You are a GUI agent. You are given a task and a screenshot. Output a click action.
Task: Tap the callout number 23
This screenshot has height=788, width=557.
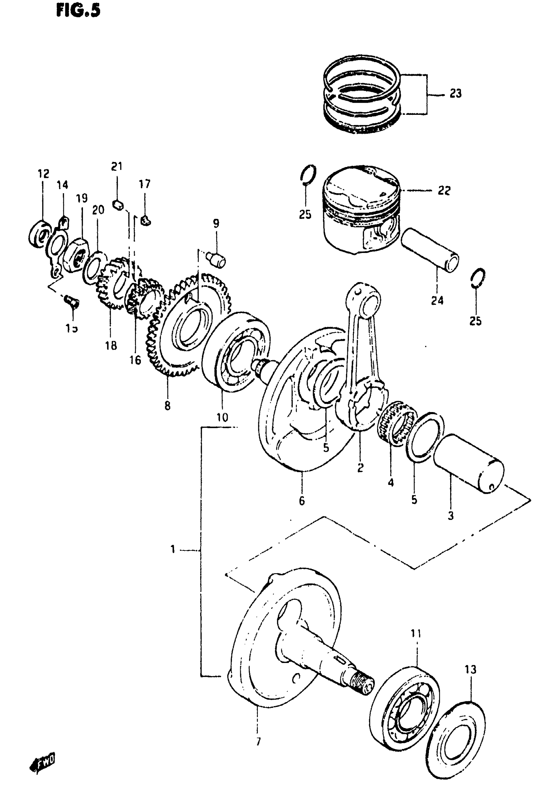[455, 93]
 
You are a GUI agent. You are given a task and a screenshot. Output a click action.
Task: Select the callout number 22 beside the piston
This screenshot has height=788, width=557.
[444, 190]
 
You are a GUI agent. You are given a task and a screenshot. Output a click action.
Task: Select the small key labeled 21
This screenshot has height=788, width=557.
[118, 205]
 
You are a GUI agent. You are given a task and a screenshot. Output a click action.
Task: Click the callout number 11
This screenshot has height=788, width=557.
[416, 633]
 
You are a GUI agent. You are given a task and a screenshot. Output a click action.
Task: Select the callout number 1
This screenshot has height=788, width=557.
[173, 550]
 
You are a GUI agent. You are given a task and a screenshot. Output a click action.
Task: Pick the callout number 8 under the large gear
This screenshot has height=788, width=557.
[167, 405]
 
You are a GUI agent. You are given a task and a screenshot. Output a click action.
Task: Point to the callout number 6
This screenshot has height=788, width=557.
[301, 501]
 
